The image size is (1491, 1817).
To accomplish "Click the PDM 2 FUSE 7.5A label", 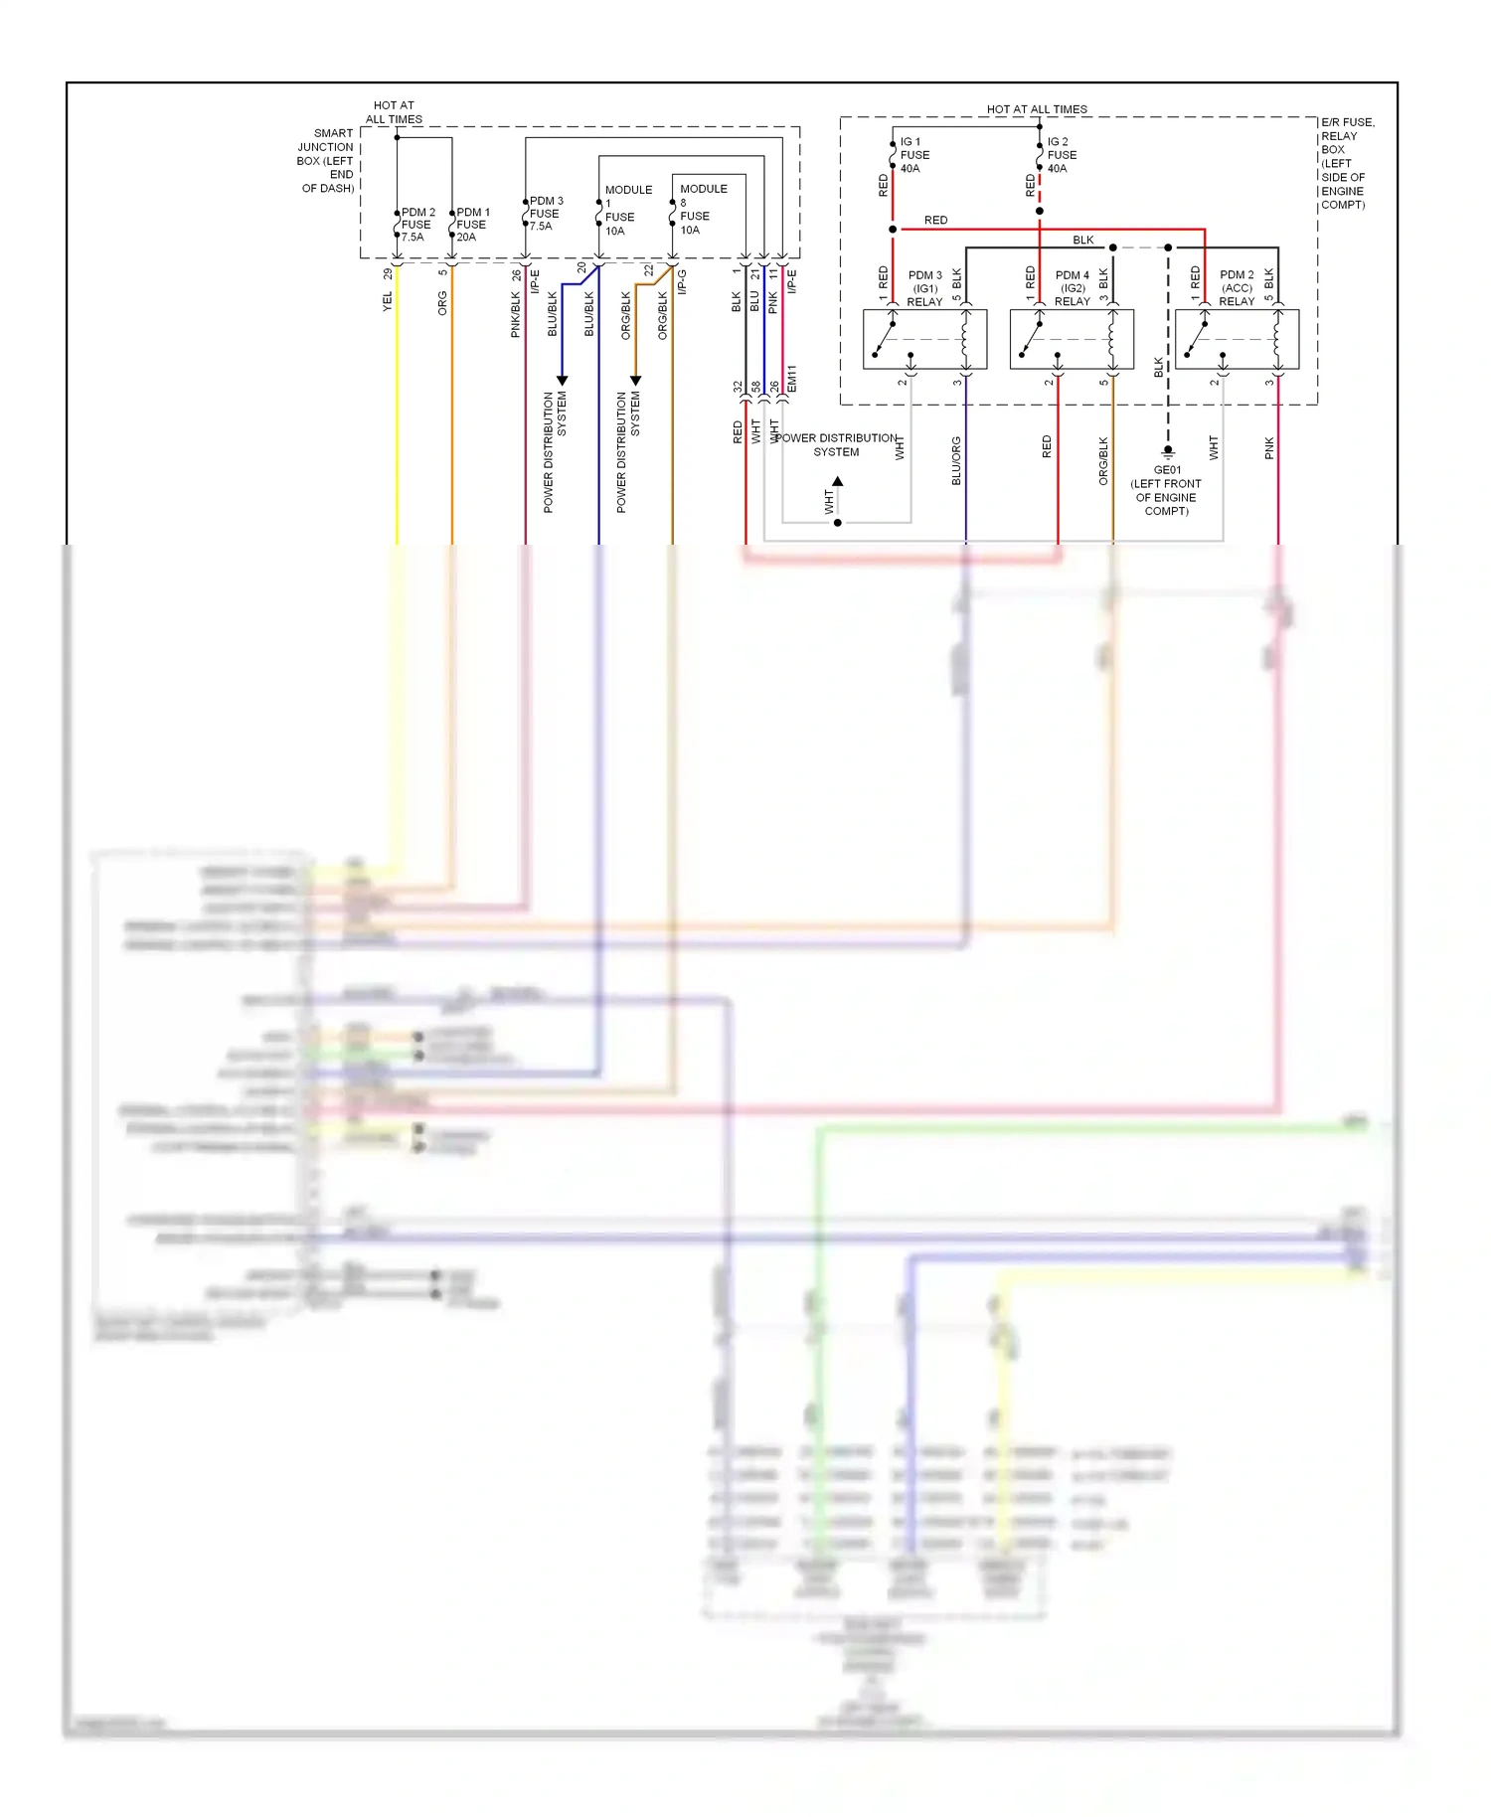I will click(417, 225).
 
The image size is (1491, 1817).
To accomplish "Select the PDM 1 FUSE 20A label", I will click(472, 225).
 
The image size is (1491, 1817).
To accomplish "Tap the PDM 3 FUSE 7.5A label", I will click(546, 214).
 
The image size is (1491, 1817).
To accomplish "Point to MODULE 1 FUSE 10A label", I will click(627, 210).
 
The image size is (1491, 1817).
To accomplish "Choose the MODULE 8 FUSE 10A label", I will click(702, 209).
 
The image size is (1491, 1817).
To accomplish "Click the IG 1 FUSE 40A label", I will click(914, 155).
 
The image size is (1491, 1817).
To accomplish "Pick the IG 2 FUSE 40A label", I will click(1061, 155).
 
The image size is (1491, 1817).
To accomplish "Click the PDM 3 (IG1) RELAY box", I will click(924, 339).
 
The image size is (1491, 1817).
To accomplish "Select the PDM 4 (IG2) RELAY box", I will click(1072, 339).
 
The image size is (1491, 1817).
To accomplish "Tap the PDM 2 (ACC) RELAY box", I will click(1237, 339).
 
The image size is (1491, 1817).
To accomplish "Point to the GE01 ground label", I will click(1166, 491).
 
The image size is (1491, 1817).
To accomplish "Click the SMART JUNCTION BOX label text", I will click(327, 160).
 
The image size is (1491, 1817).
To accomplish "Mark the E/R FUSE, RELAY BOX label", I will click(1346, 163).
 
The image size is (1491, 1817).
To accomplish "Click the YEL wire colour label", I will click(388, 301).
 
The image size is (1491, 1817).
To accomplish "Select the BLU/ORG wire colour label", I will click(956, 460).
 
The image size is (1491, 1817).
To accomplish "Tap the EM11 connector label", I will click(792, 378).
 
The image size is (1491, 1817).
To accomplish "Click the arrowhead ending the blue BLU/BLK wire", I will click(562, 381).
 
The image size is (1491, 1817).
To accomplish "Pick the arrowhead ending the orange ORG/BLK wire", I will click(635, 381).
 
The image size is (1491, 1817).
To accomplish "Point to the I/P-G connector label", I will click(682, 281).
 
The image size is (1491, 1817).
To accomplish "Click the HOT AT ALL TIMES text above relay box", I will click(1036, 109).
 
